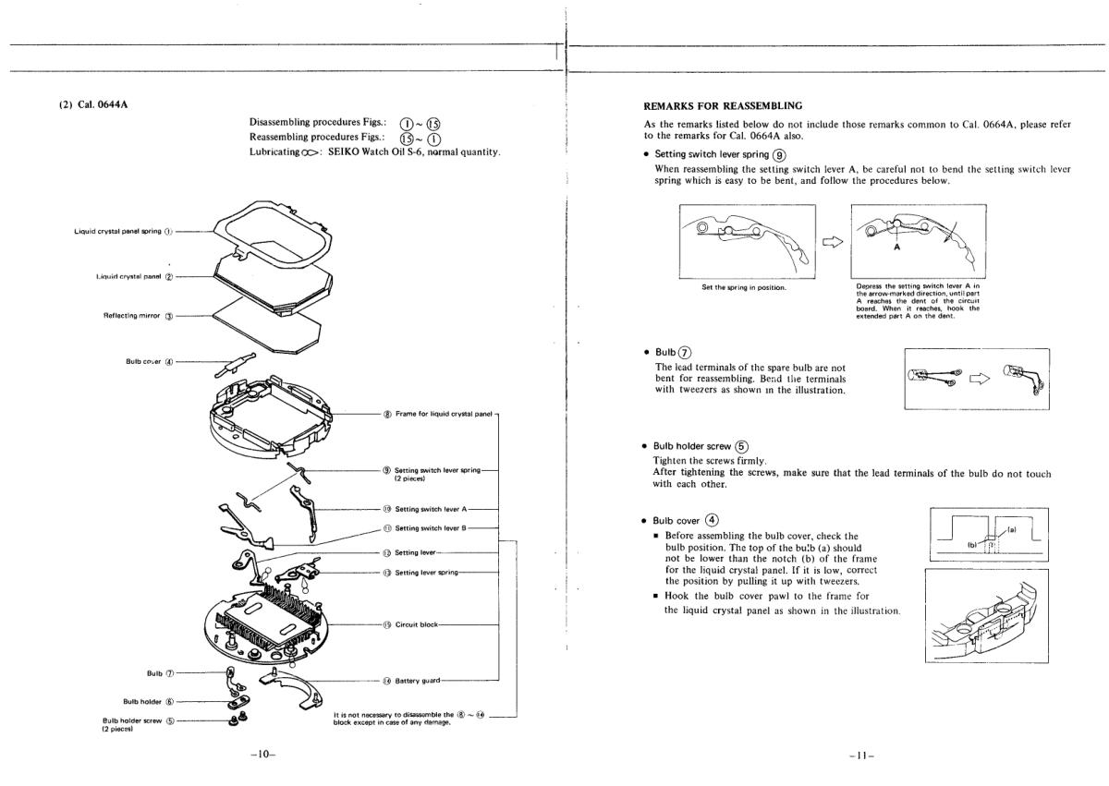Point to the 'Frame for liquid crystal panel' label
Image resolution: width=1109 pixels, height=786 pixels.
(x=439, y=414)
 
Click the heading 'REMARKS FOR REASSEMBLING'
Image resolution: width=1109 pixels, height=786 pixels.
(x=723, y=106)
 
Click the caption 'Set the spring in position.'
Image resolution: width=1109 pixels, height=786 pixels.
(x=745, y=286)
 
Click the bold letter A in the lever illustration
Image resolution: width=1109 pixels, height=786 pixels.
(x=896, y=248)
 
